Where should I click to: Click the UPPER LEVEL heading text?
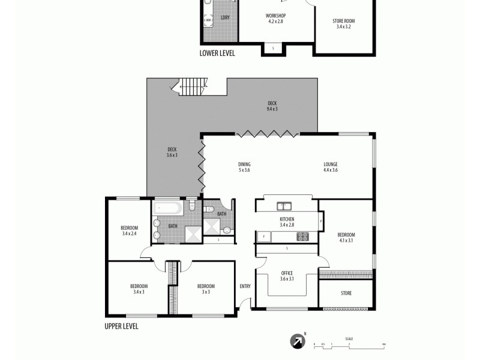tap(121, 326)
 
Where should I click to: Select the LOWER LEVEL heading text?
tap(217, 53)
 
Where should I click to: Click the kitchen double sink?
tap(284, 206)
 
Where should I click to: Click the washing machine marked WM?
tap(208, 20)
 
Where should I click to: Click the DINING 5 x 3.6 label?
tap(244, 167)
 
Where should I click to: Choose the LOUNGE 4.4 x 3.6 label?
tap(331, 167)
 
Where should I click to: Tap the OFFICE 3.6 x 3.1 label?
tap(287, 276)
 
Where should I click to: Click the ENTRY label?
tap(245, 286)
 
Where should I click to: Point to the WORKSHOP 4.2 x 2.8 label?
tap(275, 18)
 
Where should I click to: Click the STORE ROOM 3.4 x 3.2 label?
tap(343, 24)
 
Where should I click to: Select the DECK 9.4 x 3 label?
tap(272, 106)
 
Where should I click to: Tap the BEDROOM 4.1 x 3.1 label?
tap(346, 238)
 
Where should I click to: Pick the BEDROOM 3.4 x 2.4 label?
tap(129, 230)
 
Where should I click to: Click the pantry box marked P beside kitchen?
tap(322, 221)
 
